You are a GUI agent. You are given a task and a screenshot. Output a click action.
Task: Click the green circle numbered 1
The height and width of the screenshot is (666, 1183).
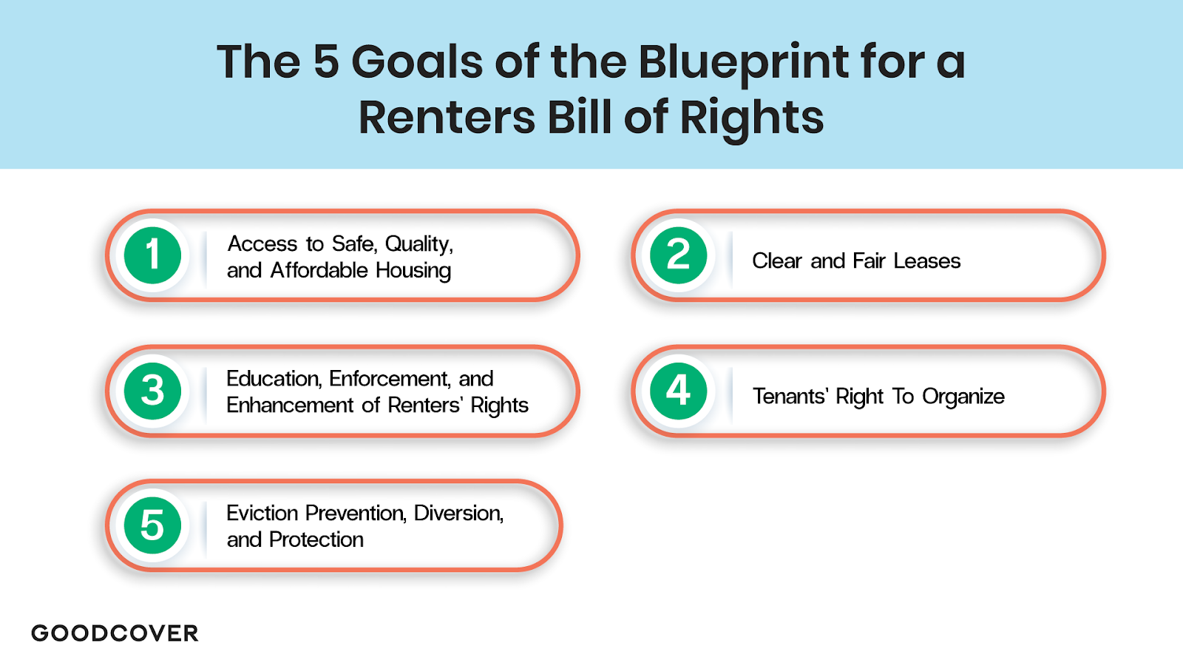(x=152, y=255)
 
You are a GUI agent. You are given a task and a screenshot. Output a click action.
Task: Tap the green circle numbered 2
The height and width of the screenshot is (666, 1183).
(x=678, y=255)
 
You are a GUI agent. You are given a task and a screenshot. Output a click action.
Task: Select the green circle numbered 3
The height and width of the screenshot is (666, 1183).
(x=152, y=391)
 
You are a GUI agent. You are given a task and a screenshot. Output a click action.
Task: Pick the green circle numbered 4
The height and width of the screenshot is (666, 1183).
(x=678, y=391)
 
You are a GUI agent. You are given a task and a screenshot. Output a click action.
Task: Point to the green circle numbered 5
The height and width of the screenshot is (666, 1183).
(x=152, y=525)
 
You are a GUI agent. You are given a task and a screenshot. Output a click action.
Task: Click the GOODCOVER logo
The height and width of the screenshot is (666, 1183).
(x=115, y=633)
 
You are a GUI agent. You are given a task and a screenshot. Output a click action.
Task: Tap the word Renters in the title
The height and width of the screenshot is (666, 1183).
(x=447, y=118)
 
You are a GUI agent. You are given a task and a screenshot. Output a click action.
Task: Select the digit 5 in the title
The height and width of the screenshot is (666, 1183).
(x=326, y=61)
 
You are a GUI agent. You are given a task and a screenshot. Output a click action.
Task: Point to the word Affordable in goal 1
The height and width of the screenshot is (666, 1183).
(x=319, y=270)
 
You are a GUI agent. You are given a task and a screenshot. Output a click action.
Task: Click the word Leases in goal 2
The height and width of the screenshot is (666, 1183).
(x=926, y=261)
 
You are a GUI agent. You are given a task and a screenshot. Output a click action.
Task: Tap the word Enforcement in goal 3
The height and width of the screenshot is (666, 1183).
(x=390, y=379)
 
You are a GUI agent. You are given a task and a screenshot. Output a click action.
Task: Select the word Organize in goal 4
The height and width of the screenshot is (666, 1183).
(x=963, y=397)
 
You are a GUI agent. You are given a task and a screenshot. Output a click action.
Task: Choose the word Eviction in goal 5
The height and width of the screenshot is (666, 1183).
(x=262, y=513)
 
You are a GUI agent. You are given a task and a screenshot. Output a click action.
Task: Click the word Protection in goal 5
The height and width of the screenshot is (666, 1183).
(x=316, y=539)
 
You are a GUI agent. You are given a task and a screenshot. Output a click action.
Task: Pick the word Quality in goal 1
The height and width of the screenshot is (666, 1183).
(x=418, y=244)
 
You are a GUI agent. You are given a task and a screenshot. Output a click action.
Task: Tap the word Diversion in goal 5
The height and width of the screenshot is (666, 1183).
(x=458, y=513)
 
